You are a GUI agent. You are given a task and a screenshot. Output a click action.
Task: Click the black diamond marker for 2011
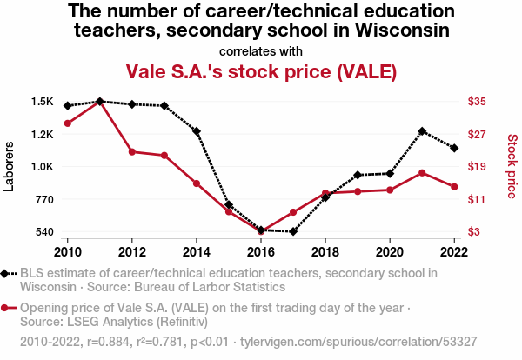click(x=100, y=101)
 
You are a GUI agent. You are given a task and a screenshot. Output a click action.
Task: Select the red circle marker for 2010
click(x=68, y=123)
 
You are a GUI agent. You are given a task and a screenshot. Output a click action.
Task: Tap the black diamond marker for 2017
click(x=293, y=231)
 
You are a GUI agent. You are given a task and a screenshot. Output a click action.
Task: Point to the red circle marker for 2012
click(x=132, y=152)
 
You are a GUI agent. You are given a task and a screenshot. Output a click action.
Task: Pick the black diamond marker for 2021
click(x=422, y=131)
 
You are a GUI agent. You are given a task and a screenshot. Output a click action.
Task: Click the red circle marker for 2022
click(x=454, y=187)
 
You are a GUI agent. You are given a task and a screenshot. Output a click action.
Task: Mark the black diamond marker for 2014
click(x=197, y=131)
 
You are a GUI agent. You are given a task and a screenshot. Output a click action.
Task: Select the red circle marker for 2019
click(x=358, y=191)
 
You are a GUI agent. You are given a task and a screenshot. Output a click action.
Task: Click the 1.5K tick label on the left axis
click(x=43, y=102)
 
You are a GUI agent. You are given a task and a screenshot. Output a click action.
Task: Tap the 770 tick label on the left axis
click(x=44, y=200)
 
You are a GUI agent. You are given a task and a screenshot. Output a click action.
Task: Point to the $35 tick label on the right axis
click(x=477, y=101)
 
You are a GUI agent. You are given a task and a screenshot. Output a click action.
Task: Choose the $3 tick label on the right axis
click(x=474, y=231)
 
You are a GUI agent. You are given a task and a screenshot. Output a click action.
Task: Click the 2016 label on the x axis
click(x=261, y=252)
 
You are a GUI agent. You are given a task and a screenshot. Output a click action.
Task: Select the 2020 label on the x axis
click(x=390, y=252)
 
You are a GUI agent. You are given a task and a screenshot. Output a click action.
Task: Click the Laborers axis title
click(x=9, y=166)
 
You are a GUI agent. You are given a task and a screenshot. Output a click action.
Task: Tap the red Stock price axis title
click(x=512, y=166)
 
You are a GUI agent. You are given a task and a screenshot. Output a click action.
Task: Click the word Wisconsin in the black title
click(x=403, y=30)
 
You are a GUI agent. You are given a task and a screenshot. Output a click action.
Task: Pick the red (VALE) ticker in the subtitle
click(x=366, y=71)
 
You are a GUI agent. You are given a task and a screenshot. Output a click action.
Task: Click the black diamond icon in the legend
click(x=4, y=274)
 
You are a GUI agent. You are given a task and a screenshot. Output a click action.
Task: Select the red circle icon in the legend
click(x=4, y=308)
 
